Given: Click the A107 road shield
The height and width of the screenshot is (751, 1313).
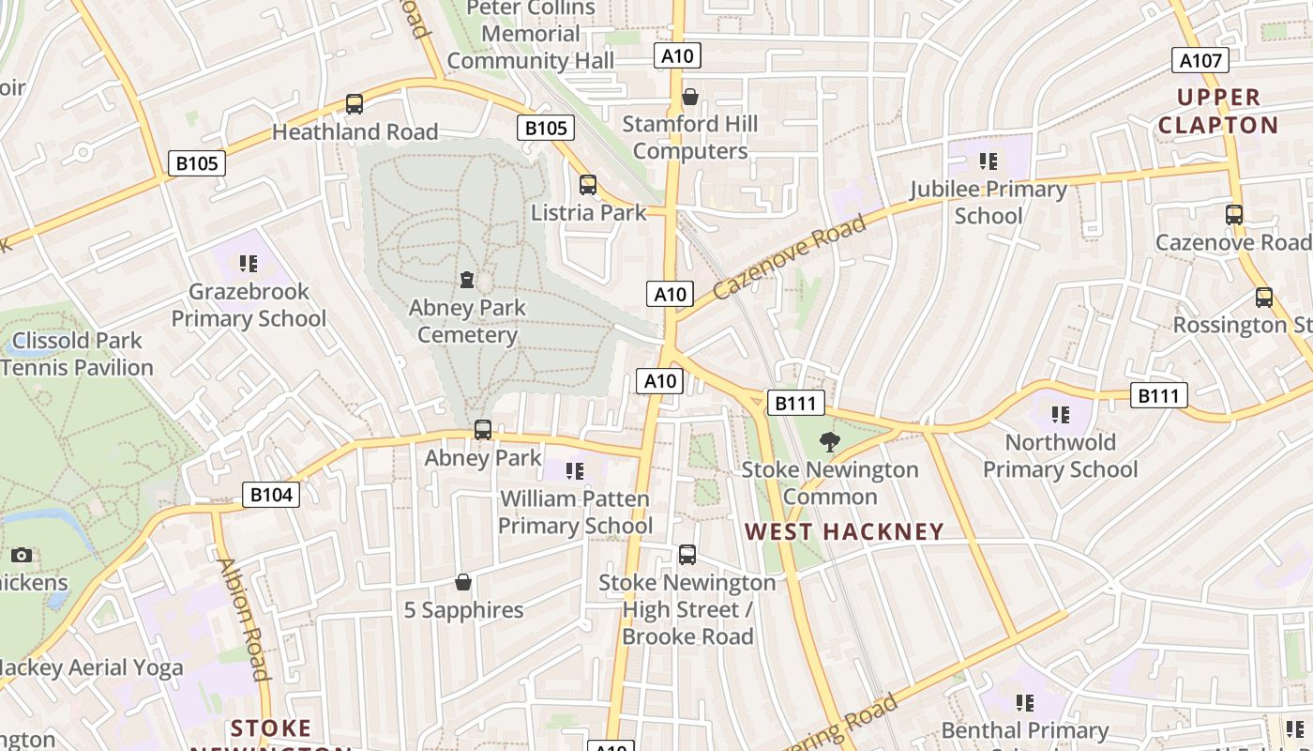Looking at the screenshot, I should [x=1200, y=61].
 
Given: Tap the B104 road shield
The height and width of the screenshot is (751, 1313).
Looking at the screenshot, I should [x=271, y=495].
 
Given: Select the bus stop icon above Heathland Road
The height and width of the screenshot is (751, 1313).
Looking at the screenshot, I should [x=355, y=104].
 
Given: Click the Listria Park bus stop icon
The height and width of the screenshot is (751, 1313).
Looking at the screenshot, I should [x=588, y=185].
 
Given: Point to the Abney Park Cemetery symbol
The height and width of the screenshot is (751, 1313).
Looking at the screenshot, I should [x=466, y=280].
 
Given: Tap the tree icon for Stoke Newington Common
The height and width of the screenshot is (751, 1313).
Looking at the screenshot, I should [x=829, y=441].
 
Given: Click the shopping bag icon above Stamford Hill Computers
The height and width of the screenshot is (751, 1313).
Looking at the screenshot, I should [x=690, y=97].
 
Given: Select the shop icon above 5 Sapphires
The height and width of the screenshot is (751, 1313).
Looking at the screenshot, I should [x=462, y=583].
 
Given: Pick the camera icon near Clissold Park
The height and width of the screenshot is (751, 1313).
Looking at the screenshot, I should [x=22, y=555].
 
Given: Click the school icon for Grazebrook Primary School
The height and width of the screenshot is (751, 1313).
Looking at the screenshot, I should [x=249, y=264].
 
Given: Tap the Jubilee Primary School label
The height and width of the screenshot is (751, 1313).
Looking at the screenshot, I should [x=989, y=203].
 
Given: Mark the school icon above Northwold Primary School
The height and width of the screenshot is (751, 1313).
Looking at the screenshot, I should [x=1061, y=414].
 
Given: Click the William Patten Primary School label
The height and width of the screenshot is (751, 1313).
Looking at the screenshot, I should [x=575, y=512].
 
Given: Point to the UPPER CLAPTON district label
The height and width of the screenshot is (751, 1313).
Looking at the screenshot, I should [x=1217, y=111].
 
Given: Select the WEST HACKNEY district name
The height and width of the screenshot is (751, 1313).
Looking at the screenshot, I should [x=844, y=532].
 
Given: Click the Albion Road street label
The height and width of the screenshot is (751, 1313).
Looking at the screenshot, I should [x=243, y=620].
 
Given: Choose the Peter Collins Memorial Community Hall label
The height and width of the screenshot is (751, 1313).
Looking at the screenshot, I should [x=531, y=35].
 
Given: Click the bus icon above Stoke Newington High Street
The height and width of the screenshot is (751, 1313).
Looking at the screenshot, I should [x=687, y=555].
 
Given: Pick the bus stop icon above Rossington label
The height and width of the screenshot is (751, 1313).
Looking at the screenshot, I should [x=1264, y=298].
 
